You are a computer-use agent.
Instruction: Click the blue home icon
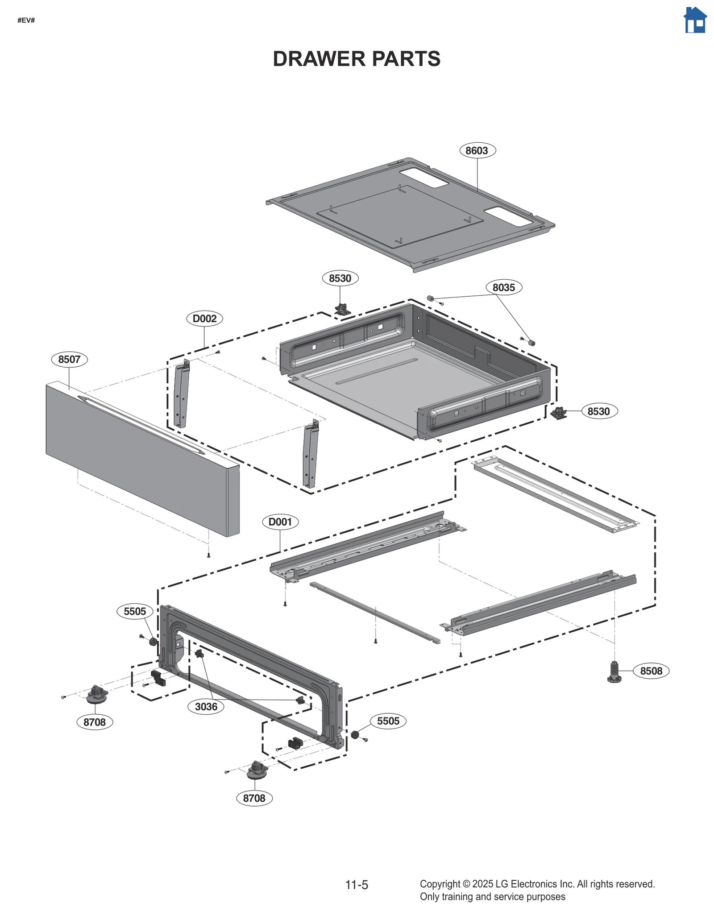[695, 20]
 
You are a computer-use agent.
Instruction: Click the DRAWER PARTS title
[356, 59]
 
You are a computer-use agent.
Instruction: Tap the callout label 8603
[477, 150]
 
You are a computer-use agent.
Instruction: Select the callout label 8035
[503, 287]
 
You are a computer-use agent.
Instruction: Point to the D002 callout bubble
[204, 319]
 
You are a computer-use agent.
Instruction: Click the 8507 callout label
[69, 359]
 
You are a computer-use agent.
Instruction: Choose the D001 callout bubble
[280, 522]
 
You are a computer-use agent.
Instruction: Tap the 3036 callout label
[206, 706]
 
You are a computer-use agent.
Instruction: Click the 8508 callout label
[651, 671]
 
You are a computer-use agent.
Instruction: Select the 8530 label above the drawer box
[340, 278]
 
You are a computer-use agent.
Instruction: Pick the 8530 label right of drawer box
[598, 411]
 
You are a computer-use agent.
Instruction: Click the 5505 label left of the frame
[135, 611]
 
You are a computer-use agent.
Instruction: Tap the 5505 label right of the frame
[388, 721]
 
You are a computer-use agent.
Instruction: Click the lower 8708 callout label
[254, 798]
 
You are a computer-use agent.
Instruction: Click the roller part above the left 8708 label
[96, 694]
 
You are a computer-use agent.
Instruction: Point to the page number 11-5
[357, 885]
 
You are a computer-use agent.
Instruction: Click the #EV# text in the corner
[26, 21]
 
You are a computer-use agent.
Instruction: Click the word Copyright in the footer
[440, 884]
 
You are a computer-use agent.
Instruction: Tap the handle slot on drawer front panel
[141, 424]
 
